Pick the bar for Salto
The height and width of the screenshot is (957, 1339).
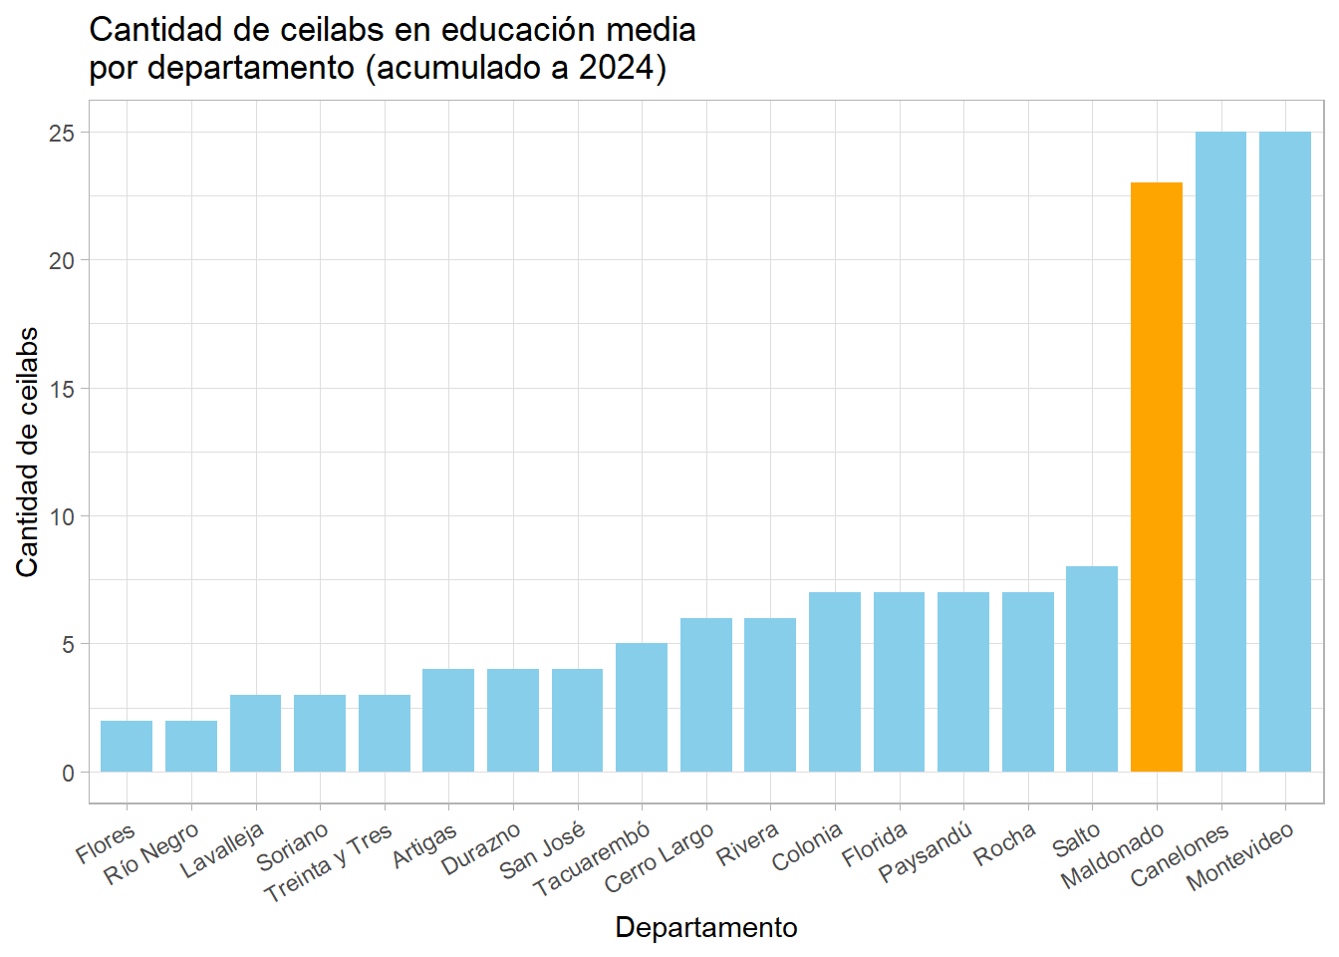1092,669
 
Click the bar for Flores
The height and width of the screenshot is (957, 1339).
127,746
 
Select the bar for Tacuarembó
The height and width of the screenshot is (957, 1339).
642,708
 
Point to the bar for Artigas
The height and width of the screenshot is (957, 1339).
448,720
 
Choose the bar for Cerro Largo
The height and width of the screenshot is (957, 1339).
705,695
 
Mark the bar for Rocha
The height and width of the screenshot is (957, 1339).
1027,682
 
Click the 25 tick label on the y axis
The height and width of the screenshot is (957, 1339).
62,133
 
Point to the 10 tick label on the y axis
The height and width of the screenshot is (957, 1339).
62,516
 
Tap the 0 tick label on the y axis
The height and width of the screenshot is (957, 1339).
68,773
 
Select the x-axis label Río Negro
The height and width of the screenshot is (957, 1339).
152,854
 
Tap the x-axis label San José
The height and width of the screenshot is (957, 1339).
543,850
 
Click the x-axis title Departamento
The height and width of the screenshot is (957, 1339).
706,927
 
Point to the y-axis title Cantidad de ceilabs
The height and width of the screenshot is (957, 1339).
27,452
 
